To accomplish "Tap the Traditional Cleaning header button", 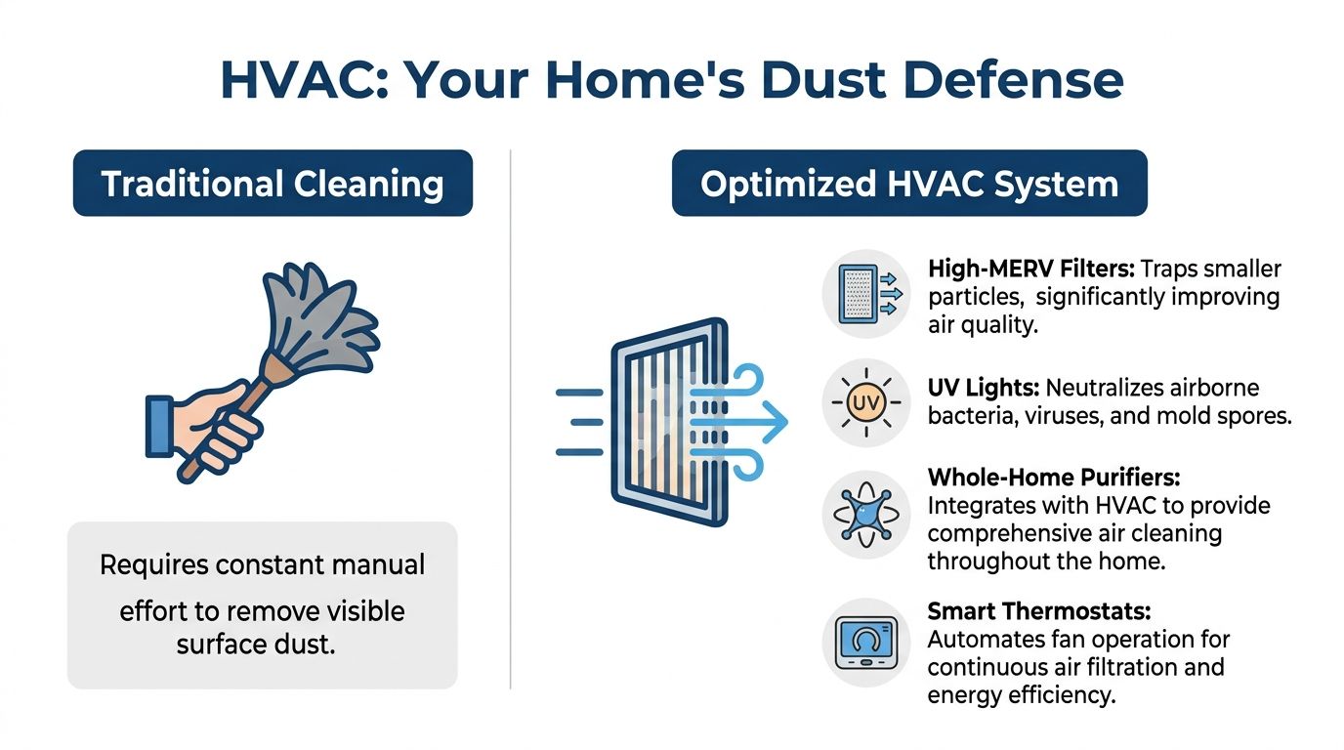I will coord(273,184).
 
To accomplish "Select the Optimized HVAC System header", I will coord(908,184).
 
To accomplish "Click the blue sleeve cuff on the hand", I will coord(160,426).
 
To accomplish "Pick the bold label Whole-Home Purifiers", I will coord(1054,479).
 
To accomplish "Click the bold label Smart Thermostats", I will coord(1039,612).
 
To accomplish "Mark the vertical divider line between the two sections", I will coord(512,420).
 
